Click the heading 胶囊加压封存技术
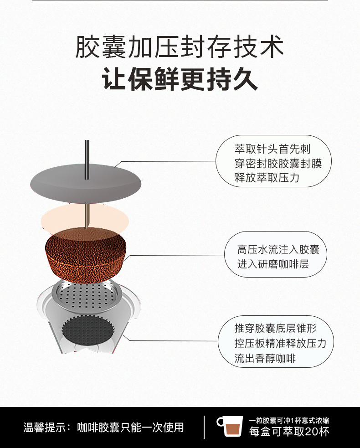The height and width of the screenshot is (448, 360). click(180, 47)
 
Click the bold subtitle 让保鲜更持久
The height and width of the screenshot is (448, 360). click(180, 79)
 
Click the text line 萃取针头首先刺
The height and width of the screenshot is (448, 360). click(273, 149)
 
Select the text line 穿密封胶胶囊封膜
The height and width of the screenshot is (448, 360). click(278, 163)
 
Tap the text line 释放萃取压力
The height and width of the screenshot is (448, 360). click(267, 177)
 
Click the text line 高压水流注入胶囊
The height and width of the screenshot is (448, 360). click(278, 249)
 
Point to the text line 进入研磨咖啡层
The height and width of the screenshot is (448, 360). click(273, 263)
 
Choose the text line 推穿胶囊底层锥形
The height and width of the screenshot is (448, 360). click(275, 328)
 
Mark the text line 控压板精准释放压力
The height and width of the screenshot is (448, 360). click(280, 343)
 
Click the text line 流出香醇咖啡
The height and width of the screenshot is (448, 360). click(265, 358)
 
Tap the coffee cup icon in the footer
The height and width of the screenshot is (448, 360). click(231, 427)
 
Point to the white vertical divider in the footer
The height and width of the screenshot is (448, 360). click(204, 427)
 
